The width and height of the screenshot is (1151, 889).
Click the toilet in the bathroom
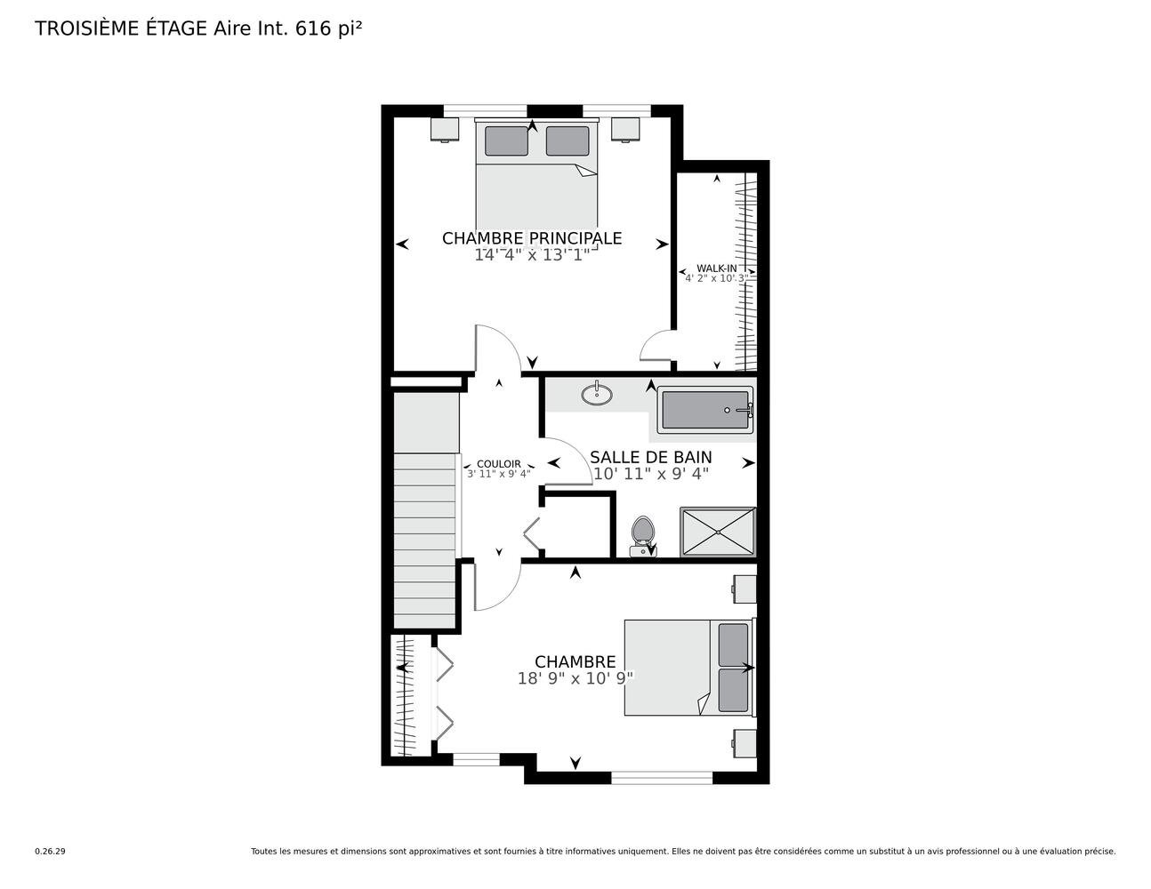[643, 535]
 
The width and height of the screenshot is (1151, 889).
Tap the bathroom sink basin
[597, 394]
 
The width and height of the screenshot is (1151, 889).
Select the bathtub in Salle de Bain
[705, 410]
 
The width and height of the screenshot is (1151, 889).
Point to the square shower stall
[718, 532]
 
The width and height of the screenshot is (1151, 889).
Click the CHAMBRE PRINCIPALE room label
[532, 238]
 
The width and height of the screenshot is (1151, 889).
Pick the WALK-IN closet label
[717, 268]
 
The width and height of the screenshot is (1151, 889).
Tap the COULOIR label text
[498, 464]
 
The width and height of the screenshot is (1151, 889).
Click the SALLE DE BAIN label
[651, 457]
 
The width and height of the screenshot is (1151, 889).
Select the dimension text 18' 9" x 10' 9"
[575, 678]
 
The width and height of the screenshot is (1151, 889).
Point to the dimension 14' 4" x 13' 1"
[532, 256]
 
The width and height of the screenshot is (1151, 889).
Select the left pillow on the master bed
[506, 140]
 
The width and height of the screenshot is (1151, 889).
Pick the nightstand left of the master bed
[445, 130]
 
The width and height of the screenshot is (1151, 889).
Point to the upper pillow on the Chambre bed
[733, 645]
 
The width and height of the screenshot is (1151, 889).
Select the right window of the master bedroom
[616, 110]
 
